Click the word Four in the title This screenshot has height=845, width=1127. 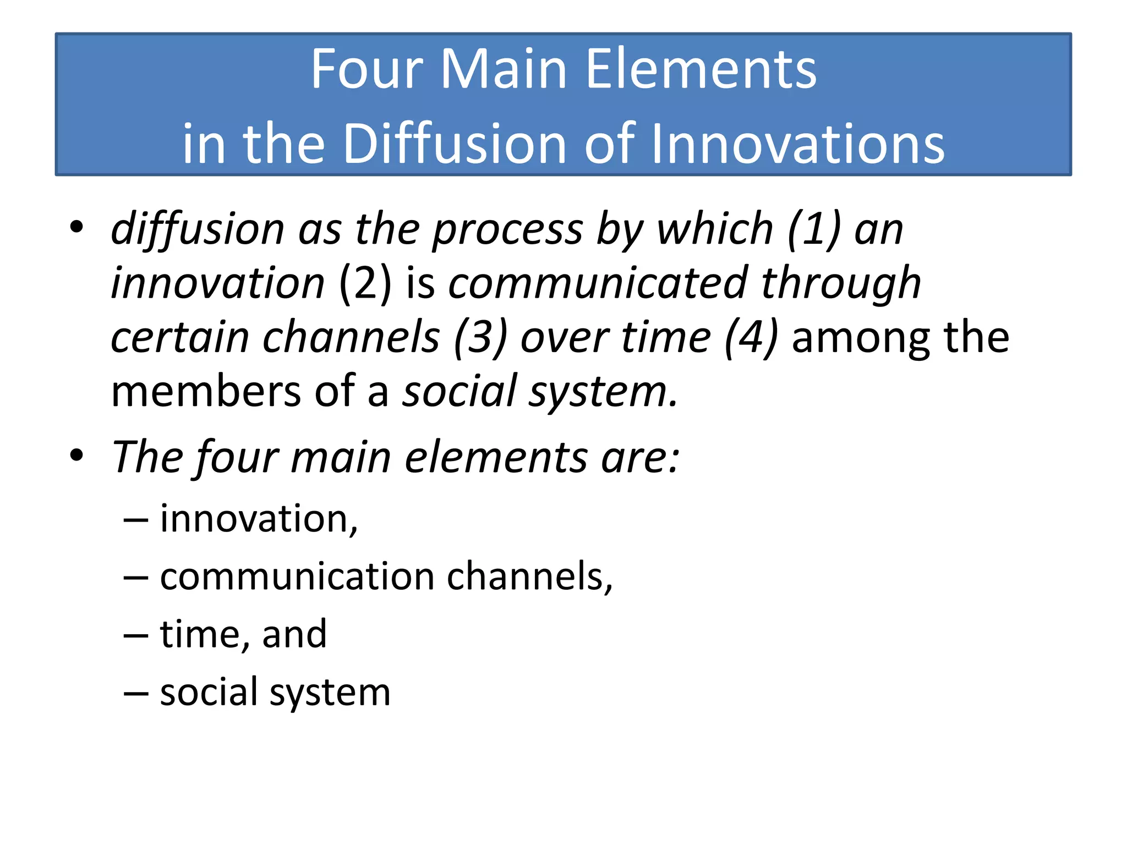point(366,69)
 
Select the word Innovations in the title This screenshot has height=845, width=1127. point(797,144)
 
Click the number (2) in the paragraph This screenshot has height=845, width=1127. point(365,283)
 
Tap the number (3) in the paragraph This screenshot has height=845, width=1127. point(480,337)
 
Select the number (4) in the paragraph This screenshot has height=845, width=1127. point(751,337)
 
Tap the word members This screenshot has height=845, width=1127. point(206,391)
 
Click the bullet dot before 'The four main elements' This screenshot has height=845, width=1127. point(76,456)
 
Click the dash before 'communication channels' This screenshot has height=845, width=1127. point(135,578)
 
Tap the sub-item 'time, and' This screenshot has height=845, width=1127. point(243,634)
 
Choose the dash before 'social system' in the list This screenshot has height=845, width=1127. point(135,693)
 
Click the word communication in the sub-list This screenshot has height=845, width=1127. point(297,577)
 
